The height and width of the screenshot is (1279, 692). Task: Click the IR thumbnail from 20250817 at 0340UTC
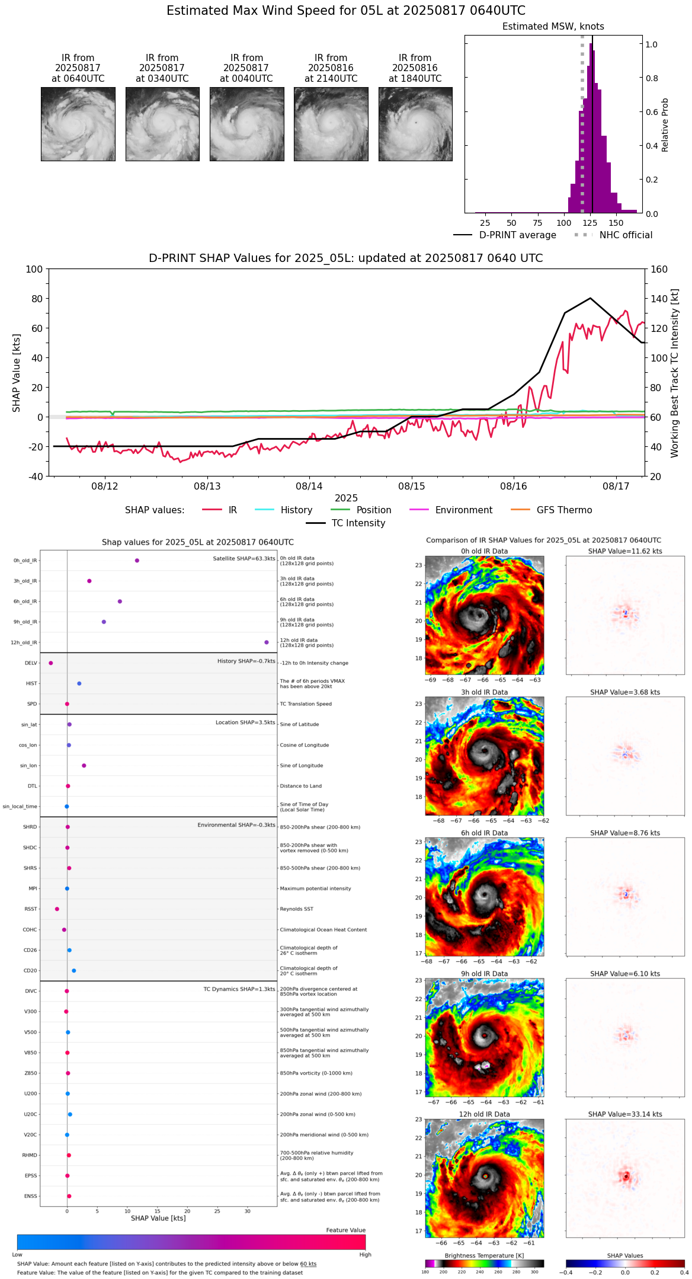[162, 124]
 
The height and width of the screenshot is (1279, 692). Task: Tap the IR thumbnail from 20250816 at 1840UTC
[415, 124]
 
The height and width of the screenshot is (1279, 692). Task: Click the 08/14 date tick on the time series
[309, 487]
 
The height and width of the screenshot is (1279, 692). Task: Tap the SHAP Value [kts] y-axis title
[17, 373]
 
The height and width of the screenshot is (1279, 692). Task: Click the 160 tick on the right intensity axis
[659, 270]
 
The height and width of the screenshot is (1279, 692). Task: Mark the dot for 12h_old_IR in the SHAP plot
[267, 642]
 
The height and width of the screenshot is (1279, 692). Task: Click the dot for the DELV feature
[51, 663]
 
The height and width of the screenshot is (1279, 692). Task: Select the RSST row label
[30, 909]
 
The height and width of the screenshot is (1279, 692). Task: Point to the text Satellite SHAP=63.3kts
[244, 559]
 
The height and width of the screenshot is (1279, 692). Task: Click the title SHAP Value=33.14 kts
[625, 1114]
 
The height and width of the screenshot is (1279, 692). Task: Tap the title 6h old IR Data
[484, 833]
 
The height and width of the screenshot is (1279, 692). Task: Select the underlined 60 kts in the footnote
[308, 1264]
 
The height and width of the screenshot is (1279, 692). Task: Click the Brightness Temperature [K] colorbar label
[484, 1255]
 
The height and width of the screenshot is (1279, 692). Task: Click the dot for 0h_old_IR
[137, 561]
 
